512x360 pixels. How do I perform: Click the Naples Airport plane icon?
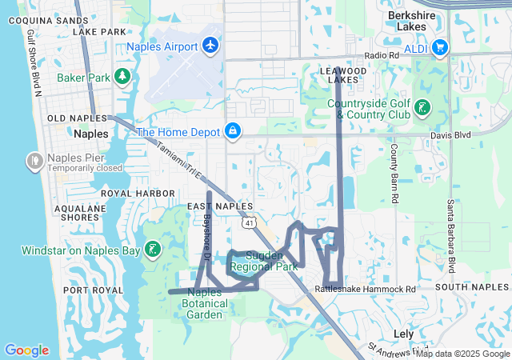tap(211, 46)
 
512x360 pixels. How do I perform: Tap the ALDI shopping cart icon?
tap(438, 48)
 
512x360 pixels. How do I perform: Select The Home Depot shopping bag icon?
tap(232, 130)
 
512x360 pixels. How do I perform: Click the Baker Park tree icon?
tap(122, 77)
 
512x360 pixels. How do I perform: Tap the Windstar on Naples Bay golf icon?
tap(152, 250)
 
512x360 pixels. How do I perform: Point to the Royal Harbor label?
tap(138, 194)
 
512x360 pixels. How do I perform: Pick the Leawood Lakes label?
tap(342, 75)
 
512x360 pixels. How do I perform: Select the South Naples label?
tap(473, 286)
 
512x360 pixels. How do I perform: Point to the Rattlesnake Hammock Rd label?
tap(366, 288)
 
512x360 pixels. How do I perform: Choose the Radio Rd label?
tap(382, 55)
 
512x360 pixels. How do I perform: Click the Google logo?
tap(26, 350)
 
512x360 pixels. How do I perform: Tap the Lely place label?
tap(403, 333)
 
